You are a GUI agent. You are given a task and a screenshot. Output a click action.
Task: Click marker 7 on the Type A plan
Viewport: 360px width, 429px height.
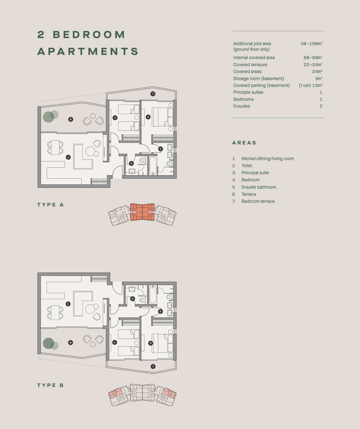(153, 94)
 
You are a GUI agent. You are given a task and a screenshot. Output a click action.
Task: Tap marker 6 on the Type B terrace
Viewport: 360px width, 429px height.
(70, 342)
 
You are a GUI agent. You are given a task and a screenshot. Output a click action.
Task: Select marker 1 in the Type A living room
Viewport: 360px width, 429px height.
(68, 157)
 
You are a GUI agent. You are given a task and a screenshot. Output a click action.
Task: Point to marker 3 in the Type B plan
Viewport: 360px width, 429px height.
(151, 343)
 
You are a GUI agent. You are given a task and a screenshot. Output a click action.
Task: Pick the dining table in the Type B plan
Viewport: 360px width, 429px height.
(55, 313)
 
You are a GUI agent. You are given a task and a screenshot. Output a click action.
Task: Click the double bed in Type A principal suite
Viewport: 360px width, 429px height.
(162, 117)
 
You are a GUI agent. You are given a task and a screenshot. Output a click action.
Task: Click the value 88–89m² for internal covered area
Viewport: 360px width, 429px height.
(313, 57)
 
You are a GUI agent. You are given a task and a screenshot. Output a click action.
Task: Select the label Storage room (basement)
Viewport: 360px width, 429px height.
(259, 79)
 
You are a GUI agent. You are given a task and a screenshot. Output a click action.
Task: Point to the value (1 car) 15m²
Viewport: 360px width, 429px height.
(311, 85)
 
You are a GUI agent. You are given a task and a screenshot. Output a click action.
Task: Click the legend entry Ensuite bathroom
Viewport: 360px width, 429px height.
(259, 187)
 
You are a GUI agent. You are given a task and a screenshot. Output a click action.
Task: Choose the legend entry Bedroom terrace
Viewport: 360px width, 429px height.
(258, 201)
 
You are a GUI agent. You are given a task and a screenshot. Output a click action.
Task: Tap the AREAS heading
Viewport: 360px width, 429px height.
(244, 143)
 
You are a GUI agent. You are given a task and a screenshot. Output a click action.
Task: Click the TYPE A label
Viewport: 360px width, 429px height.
(50, 205)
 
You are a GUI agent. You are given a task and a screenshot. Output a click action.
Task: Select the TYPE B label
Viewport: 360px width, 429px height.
(50, 385)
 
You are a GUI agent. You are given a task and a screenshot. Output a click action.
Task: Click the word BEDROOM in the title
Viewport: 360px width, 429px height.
(89, 35)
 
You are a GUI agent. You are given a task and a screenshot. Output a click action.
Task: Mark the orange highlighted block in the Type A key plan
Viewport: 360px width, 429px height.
(142, 212)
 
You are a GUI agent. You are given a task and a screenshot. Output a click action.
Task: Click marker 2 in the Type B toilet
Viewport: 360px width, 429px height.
(132, 299)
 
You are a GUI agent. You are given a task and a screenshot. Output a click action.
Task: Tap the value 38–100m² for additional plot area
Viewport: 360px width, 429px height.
(311, 44)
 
